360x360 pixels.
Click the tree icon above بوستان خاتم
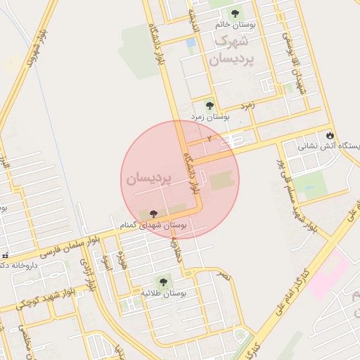(x=235, y=13)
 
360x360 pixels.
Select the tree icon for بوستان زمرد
(x=209, y=105)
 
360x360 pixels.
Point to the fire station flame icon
(x=330, y=134)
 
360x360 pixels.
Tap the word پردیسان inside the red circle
(x=148, y=179)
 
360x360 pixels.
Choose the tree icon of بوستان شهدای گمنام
(x=154, y=213)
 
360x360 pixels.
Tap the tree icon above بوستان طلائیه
(x=165, y=281)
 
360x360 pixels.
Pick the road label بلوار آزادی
(x=87, y=274)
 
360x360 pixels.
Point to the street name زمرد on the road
(x=246, y=105)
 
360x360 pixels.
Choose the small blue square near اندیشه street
(x=191, y=43)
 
